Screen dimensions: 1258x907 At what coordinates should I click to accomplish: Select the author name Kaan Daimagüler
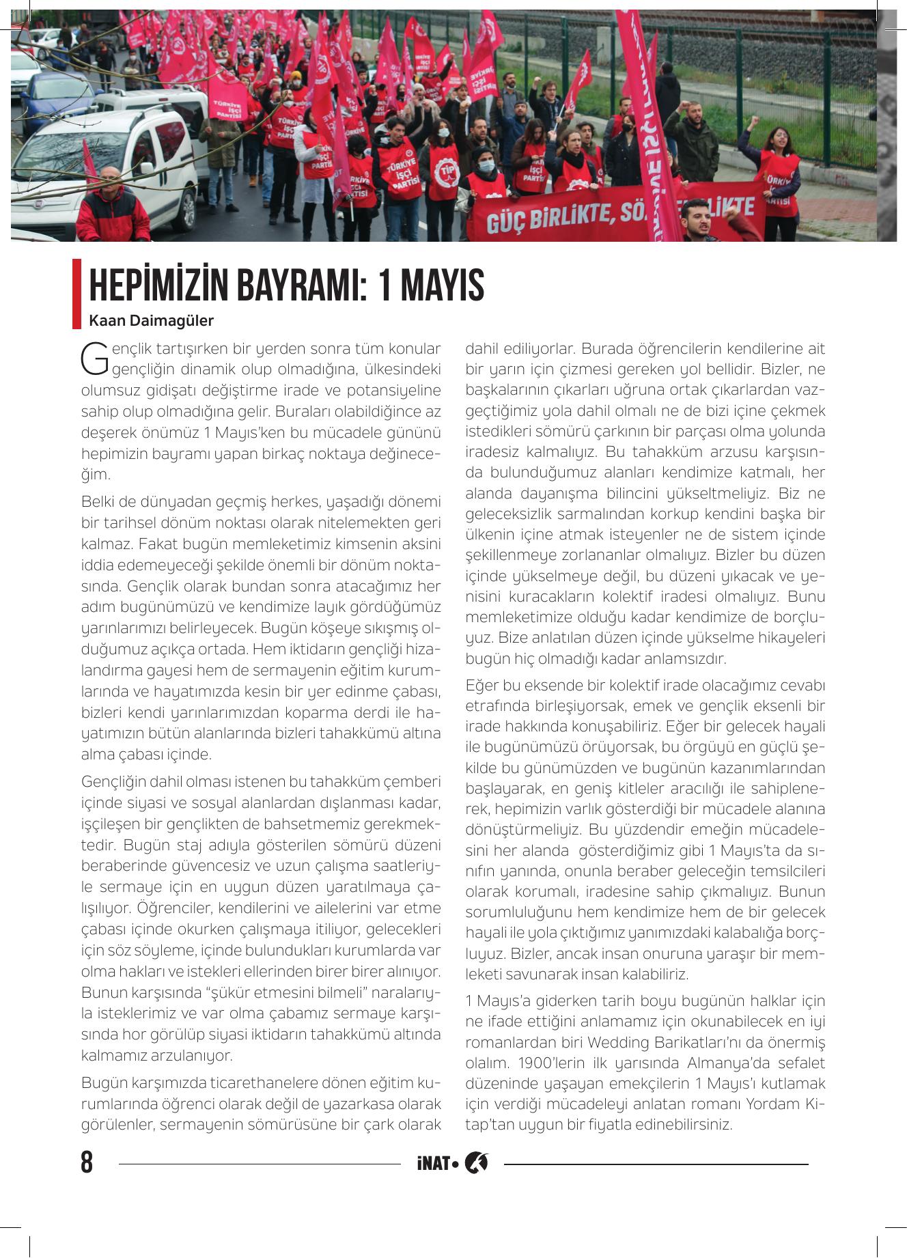[151, 320]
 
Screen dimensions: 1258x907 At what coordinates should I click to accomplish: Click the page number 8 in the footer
[87, 1162]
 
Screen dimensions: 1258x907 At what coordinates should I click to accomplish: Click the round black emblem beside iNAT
[476, 1162]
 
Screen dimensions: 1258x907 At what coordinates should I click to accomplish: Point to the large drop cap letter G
[94, 358]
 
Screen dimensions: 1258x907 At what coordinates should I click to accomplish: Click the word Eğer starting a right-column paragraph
[482, 685]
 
